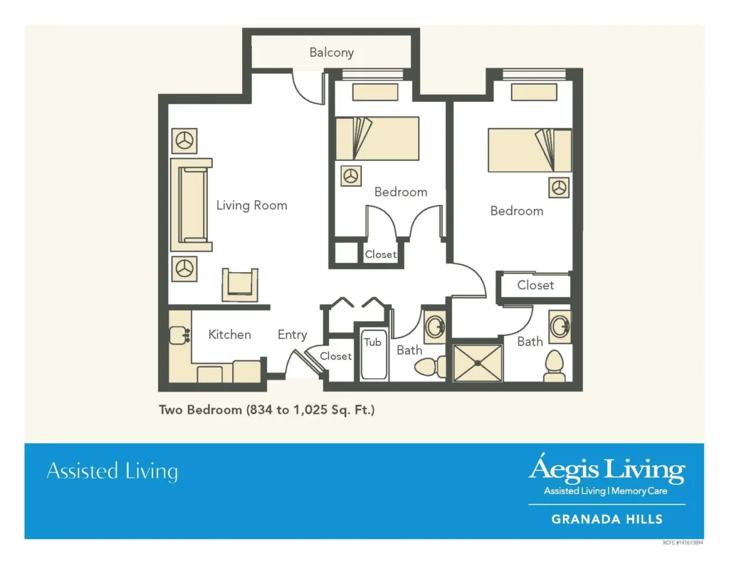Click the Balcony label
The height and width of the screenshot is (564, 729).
click(x=331, y=53)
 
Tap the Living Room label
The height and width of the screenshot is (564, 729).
click(x=251, y=206)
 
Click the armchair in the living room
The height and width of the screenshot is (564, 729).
click(x=240, y=285)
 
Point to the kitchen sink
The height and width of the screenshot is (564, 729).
click(x=179, y=335)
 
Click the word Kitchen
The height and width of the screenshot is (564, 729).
click(x=229, y=335)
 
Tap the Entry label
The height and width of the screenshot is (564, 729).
click(x=292, y=335)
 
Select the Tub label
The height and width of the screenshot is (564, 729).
click(x=372, y=343)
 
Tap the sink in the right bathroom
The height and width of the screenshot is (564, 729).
click(x=559, y=327)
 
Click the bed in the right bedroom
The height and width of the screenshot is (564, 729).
click(x=529, y=150)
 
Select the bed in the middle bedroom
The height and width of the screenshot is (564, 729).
click(x=377, y=138)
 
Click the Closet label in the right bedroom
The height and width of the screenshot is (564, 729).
click(x=535, y=286)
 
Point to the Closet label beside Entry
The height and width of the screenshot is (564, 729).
click(x=335, y=356)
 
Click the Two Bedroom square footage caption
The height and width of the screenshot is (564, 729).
click(x=266, y=410)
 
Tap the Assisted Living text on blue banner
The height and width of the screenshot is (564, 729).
click(x=112, y=471)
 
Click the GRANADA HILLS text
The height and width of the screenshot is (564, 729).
click(x=607, y=519)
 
